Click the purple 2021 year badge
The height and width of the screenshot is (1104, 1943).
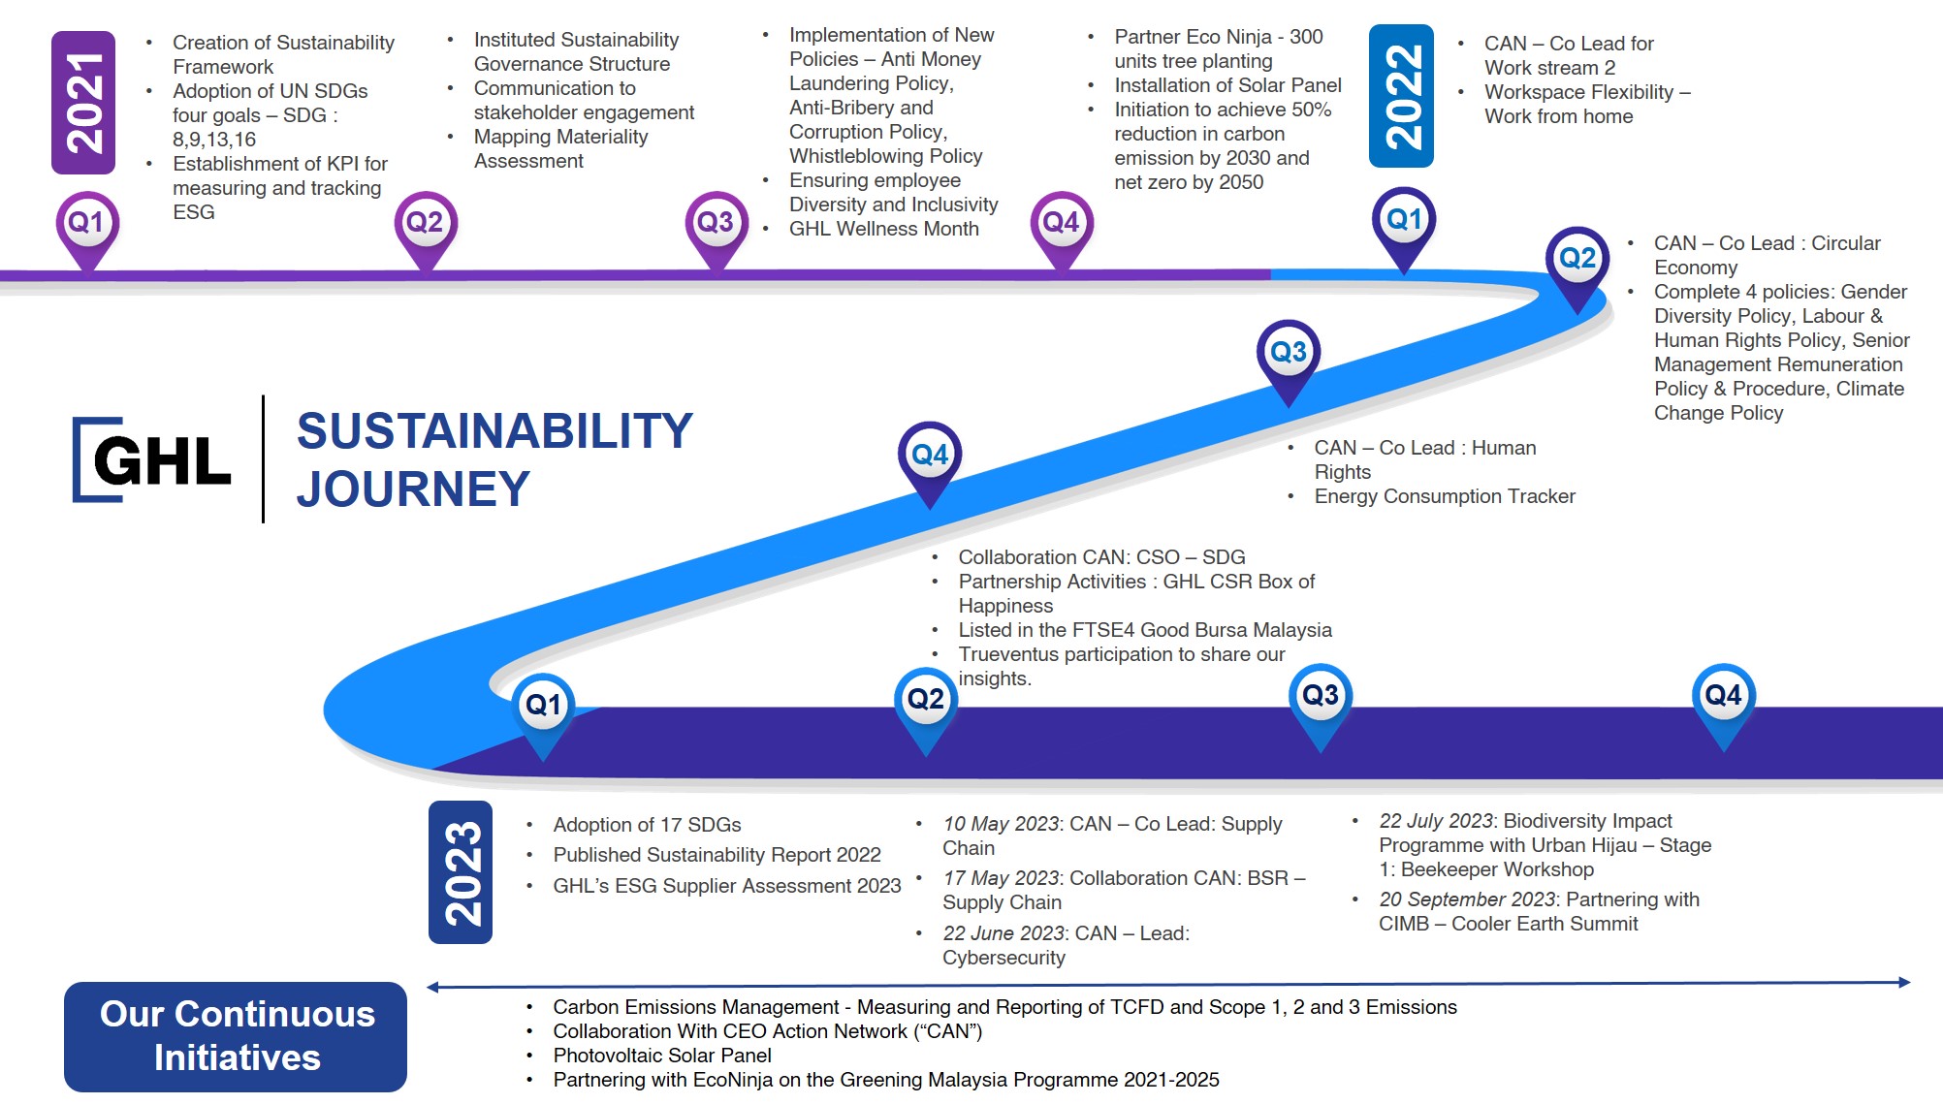(x=83, y=103)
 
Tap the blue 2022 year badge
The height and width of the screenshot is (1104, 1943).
(x=1401, y=96)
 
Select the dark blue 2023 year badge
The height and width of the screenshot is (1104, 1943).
(x=461, y=872)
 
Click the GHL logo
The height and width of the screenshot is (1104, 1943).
(x=152, y=460)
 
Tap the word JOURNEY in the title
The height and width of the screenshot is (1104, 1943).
(x=413, y=489)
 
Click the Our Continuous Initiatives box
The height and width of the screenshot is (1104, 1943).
(x=236, y=1036)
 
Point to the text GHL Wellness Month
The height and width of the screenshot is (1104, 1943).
(x=883, y=229)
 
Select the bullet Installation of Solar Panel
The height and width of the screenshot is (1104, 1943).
(x=1226, y=85)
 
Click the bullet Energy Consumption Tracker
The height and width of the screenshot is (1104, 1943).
(x=1444, y=496)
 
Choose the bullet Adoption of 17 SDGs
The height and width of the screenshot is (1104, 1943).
(x=647, y=825)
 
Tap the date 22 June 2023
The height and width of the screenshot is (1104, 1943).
(x=1003, y=933)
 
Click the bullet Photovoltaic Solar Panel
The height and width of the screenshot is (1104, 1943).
(x=661, y=1056)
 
